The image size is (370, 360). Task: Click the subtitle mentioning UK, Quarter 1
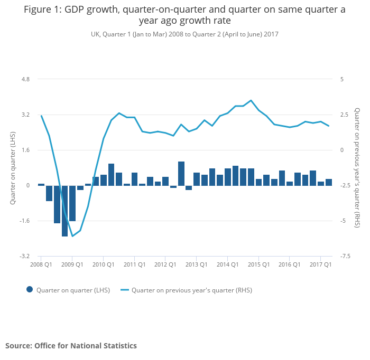coord(184,34)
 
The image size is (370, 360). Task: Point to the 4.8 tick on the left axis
coord(25,79)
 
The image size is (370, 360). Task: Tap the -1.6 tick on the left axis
coord(24,221)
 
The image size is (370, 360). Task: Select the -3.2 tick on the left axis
coord(24,256)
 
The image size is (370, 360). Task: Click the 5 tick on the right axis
coord(342,79)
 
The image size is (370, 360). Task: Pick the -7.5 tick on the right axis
coord(345,256)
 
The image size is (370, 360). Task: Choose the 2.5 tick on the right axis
coord(344,115)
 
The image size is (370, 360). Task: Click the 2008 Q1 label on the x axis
coord(41,264)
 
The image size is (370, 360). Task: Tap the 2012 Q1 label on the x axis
coord(165,264)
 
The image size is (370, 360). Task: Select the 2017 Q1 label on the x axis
coord(320,264)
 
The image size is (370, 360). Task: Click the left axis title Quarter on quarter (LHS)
coord(12,167)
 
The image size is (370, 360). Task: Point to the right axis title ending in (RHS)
coord(357,167)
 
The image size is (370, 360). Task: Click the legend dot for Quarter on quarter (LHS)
coord(30,289)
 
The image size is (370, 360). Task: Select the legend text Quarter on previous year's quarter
coord(192,290)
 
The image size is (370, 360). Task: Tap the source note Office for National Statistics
coord(71,346)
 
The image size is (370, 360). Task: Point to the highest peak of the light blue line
coord(251,100)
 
